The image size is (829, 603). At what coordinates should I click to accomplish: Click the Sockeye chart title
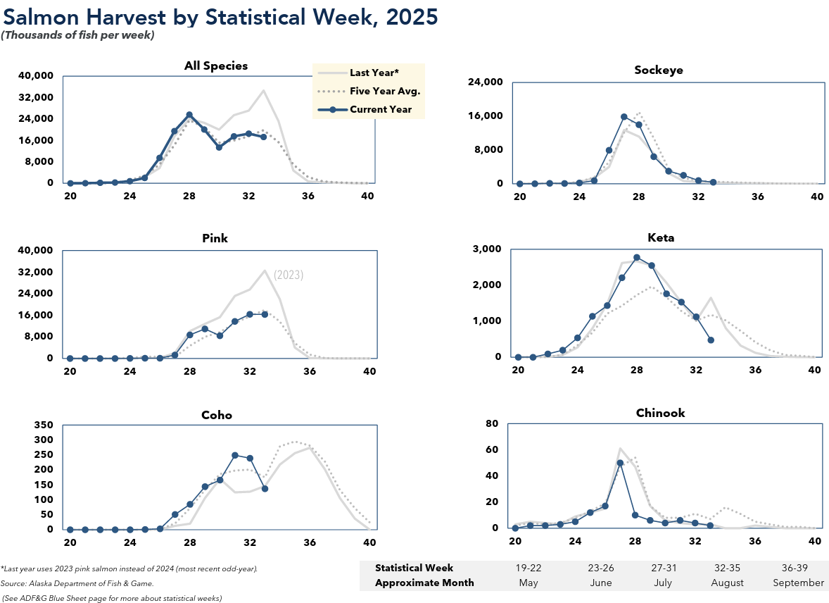(658, 70)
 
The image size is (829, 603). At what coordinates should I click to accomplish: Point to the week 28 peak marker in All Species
(189, 115)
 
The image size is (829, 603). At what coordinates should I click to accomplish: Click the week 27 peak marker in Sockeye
(624, 117)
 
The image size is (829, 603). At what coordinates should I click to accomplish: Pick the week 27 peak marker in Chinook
(620, 463)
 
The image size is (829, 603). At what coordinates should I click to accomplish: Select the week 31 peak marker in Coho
(234, 455)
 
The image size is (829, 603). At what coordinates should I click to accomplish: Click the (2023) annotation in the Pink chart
(289, 275)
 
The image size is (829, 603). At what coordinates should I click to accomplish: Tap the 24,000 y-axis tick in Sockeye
(488, 82)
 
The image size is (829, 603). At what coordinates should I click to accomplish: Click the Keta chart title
(659, 238)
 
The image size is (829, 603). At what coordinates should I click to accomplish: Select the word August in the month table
(728, 583)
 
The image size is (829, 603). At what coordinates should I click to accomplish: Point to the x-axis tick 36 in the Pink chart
(309, 371)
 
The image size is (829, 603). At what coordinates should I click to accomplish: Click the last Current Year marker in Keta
(711, 340)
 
